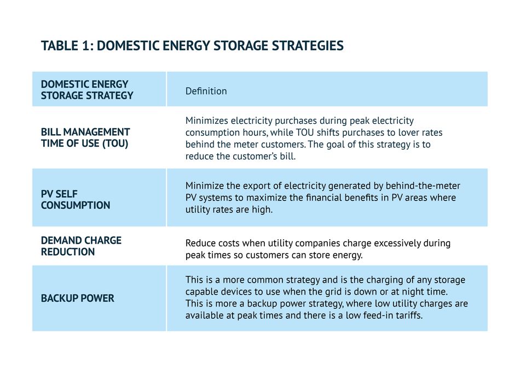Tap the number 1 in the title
[84, 45]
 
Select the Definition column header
[206, 91]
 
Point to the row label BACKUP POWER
[77, 298]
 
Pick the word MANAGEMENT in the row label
[96, 132]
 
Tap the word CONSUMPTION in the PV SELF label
[76, 205]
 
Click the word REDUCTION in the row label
[68, 252]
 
